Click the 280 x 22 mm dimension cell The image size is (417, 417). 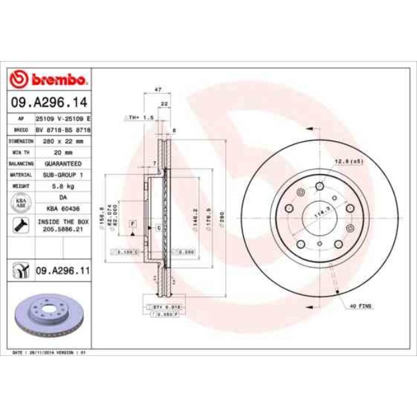point(63,140)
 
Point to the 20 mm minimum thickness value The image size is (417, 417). point(63,152)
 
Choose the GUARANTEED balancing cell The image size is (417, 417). point(63,164)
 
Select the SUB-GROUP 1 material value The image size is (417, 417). point(63,174)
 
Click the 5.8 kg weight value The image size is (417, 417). point(63,186)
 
